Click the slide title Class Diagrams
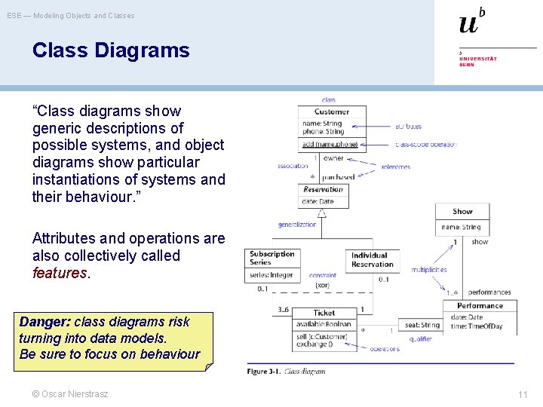111,50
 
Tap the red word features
60,273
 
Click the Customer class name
332,112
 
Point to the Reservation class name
323,189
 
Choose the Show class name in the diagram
462,212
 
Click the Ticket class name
324,313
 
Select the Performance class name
480,306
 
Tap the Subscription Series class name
271,258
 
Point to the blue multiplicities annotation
429,270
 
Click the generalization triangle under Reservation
322,213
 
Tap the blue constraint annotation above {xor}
322,276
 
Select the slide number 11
523,394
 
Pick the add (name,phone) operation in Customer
330,144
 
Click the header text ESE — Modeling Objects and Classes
71,15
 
